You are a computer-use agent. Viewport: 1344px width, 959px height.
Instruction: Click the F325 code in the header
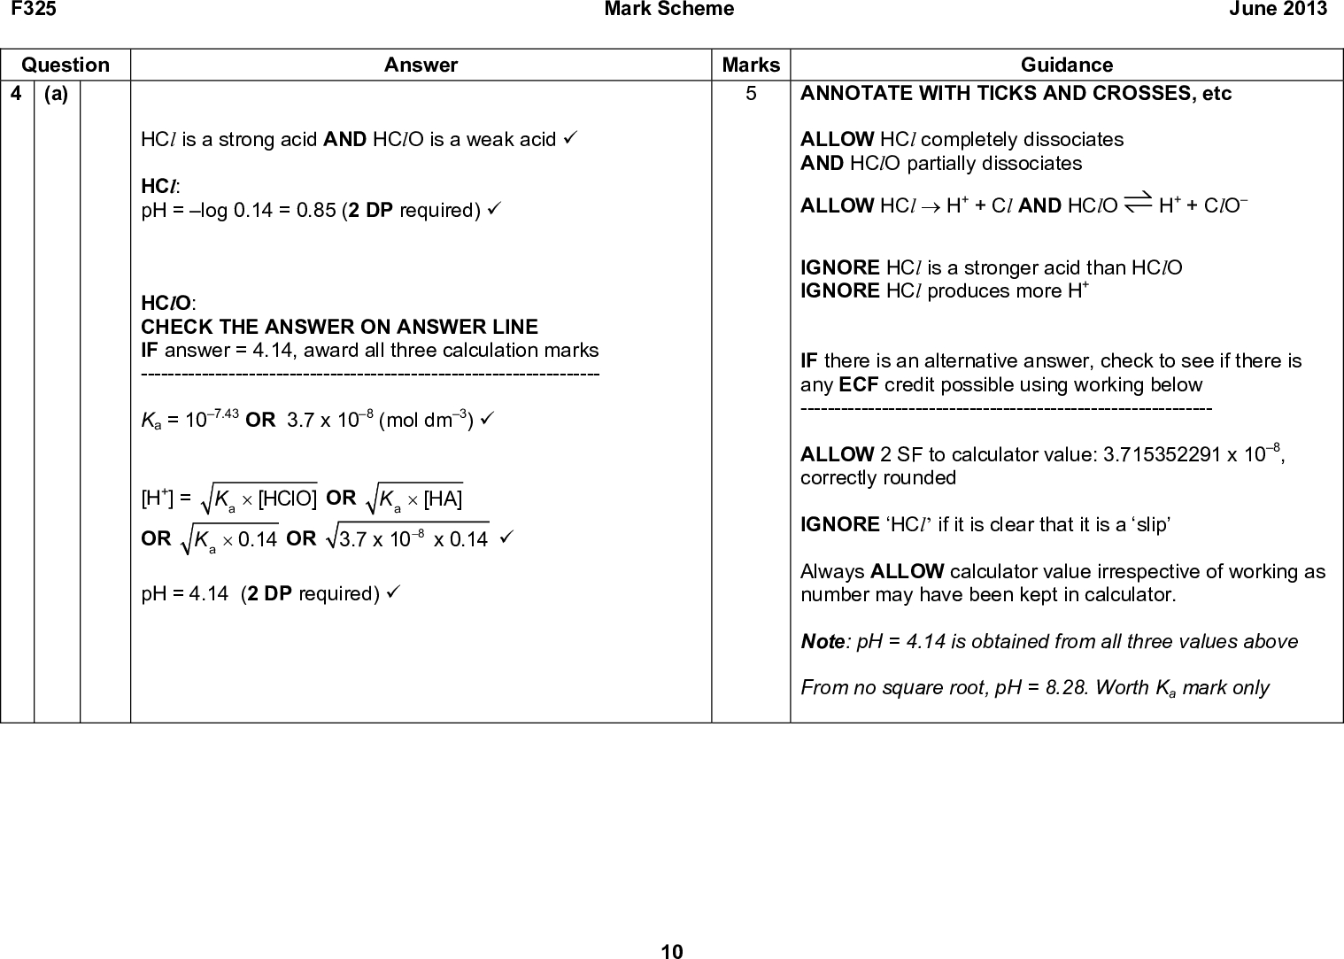click(21, 9)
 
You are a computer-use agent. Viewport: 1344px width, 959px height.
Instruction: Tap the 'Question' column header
click(66, 65)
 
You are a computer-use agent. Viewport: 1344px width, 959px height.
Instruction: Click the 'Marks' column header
click(751, 65)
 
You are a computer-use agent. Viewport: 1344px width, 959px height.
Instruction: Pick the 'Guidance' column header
click(1066, 65)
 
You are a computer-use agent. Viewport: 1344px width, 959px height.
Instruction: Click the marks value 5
click(751, 94)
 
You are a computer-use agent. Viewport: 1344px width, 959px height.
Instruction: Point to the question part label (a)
click(56, 94)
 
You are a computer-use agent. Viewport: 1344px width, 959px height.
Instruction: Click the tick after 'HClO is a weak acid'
click(573, 140)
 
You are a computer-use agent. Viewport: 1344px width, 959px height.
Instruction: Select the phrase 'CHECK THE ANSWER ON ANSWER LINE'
click(339, 327)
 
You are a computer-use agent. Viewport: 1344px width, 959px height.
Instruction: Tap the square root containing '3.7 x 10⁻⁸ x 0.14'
click(408, 538)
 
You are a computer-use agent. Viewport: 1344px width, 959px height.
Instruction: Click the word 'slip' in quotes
click(1147, 525)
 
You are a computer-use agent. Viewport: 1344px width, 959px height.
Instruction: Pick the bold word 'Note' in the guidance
click(822, 642)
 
